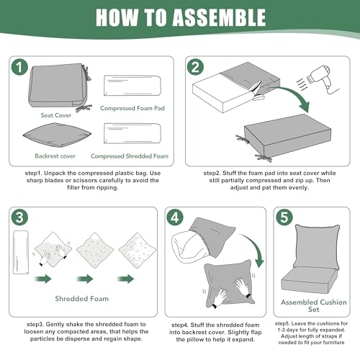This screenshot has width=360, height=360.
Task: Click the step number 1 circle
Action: [x=19, y=67]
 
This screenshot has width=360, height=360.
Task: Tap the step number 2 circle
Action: [x=195, y=67]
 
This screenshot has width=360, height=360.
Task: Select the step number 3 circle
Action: [x=19, y=217]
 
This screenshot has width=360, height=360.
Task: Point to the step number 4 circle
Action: [x=175, y=217]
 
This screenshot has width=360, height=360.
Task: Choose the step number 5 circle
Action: [x=284, y=217]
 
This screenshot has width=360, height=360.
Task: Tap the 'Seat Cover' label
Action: [x=56, y=115]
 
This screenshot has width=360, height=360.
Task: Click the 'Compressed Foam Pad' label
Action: [x=132, y=108]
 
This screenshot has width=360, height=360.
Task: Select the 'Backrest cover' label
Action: [x=55, y=156]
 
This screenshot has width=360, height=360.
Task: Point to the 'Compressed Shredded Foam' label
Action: [x=130, y=156]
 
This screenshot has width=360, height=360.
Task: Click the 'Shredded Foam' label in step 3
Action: [x=82, y=299]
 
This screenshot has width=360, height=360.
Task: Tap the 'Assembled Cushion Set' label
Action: [x=314, y=306]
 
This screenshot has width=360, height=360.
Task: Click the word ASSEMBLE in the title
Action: [x=219, y=17]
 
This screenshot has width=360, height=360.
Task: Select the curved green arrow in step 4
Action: [x=256, y=247]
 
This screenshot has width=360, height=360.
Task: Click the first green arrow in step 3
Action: [x=43, y=279]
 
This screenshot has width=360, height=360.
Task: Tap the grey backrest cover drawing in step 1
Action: [x=57, y=135]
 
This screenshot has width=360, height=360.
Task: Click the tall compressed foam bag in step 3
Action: [x=21, y=252]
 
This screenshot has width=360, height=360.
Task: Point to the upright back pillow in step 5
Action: [x=317, y=247]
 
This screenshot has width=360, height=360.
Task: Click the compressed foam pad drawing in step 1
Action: [x=132, y=86]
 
